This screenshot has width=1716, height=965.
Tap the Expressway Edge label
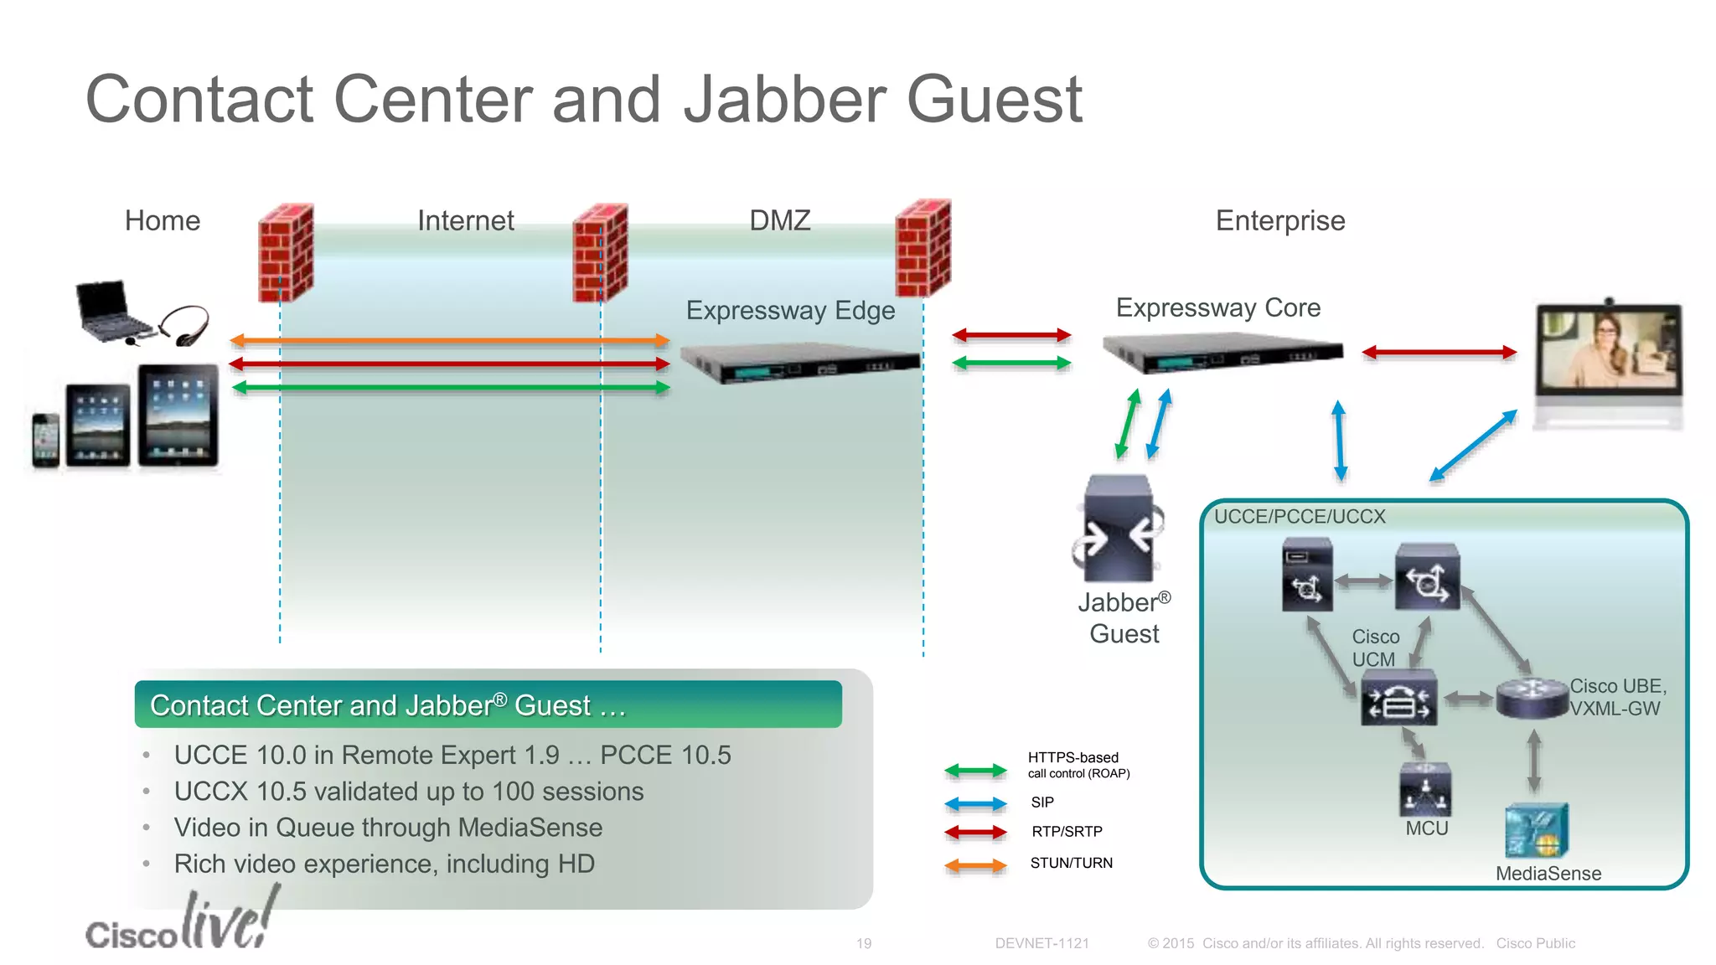click(790, 311)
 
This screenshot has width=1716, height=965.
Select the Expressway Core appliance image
click(1222, 353)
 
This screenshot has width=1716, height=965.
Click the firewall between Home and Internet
click(286, 252)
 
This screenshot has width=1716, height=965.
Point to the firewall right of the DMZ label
click(923, 248)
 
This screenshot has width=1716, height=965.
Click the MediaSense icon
click(1536, 830)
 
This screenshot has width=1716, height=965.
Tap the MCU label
click(1426, 828)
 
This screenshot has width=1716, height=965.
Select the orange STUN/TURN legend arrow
click(974, 865)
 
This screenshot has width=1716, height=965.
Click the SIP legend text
click(1042, 802)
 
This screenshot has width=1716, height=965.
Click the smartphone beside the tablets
click(46, 440)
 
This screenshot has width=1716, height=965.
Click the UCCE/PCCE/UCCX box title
click(1300, 517)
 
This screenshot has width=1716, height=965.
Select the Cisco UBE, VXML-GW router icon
click(1531, 699)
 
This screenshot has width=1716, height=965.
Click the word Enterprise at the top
click(1279, 221)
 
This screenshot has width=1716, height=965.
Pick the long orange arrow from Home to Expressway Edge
click(449, 340)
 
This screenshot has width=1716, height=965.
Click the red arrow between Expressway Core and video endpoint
click(1439, 353)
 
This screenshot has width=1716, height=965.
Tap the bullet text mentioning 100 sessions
click(408, 792)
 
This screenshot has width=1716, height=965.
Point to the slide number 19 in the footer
click(863, 944)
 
